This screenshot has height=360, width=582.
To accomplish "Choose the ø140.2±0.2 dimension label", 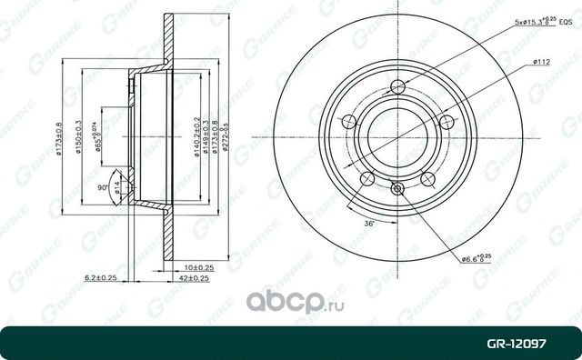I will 196,136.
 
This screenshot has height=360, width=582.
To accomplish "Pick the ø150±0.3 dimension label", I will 78,136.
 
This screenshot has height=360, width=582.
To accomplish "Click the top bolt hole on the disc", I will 396,88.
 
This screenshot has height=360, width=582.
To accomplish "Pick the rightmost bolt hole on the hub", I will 445,124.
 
